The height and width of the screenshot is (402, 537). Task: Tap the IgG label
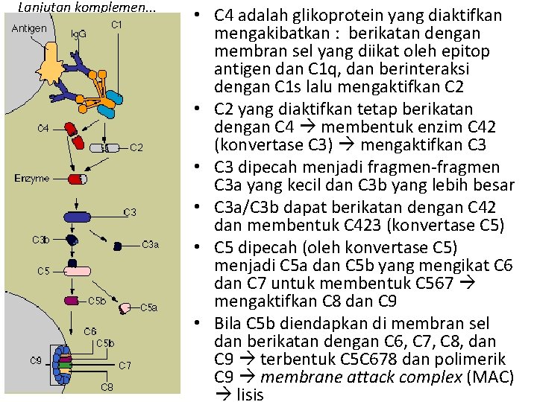pos(78,34)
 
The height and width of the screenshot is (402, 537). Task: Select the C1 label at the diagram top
pos(117,25)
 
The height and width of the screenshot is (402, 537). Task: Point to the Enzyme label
pos(32,178)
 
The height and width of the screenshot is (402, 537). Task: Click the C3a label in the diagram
pos(150,244)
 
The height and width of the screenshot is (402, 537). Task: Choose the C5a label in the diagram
pos(149,307)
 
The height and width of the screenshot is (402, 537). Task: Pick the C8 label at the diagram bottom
pos(107,386)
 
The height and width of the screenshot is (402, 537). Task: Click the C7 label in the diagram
pos(125,365)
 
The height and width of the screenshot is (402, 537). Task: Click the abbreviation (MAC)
pos(489,377)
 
